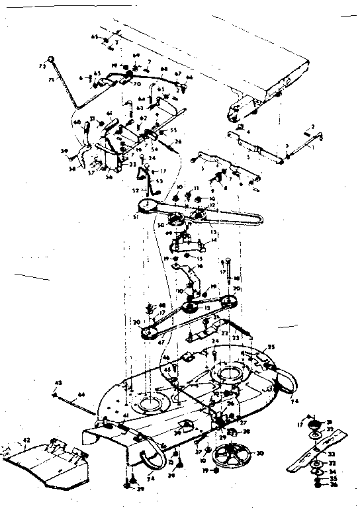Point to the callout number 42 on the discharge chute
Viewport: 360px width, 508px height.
pyautogui.click(x=26, y=439)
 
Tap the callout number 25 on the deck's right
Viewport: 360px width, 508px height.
pyautogui.click(x=270, y=346)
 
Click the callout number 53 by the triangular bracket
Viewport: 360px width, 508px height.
pyautogui.click(x=159, y=181)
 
